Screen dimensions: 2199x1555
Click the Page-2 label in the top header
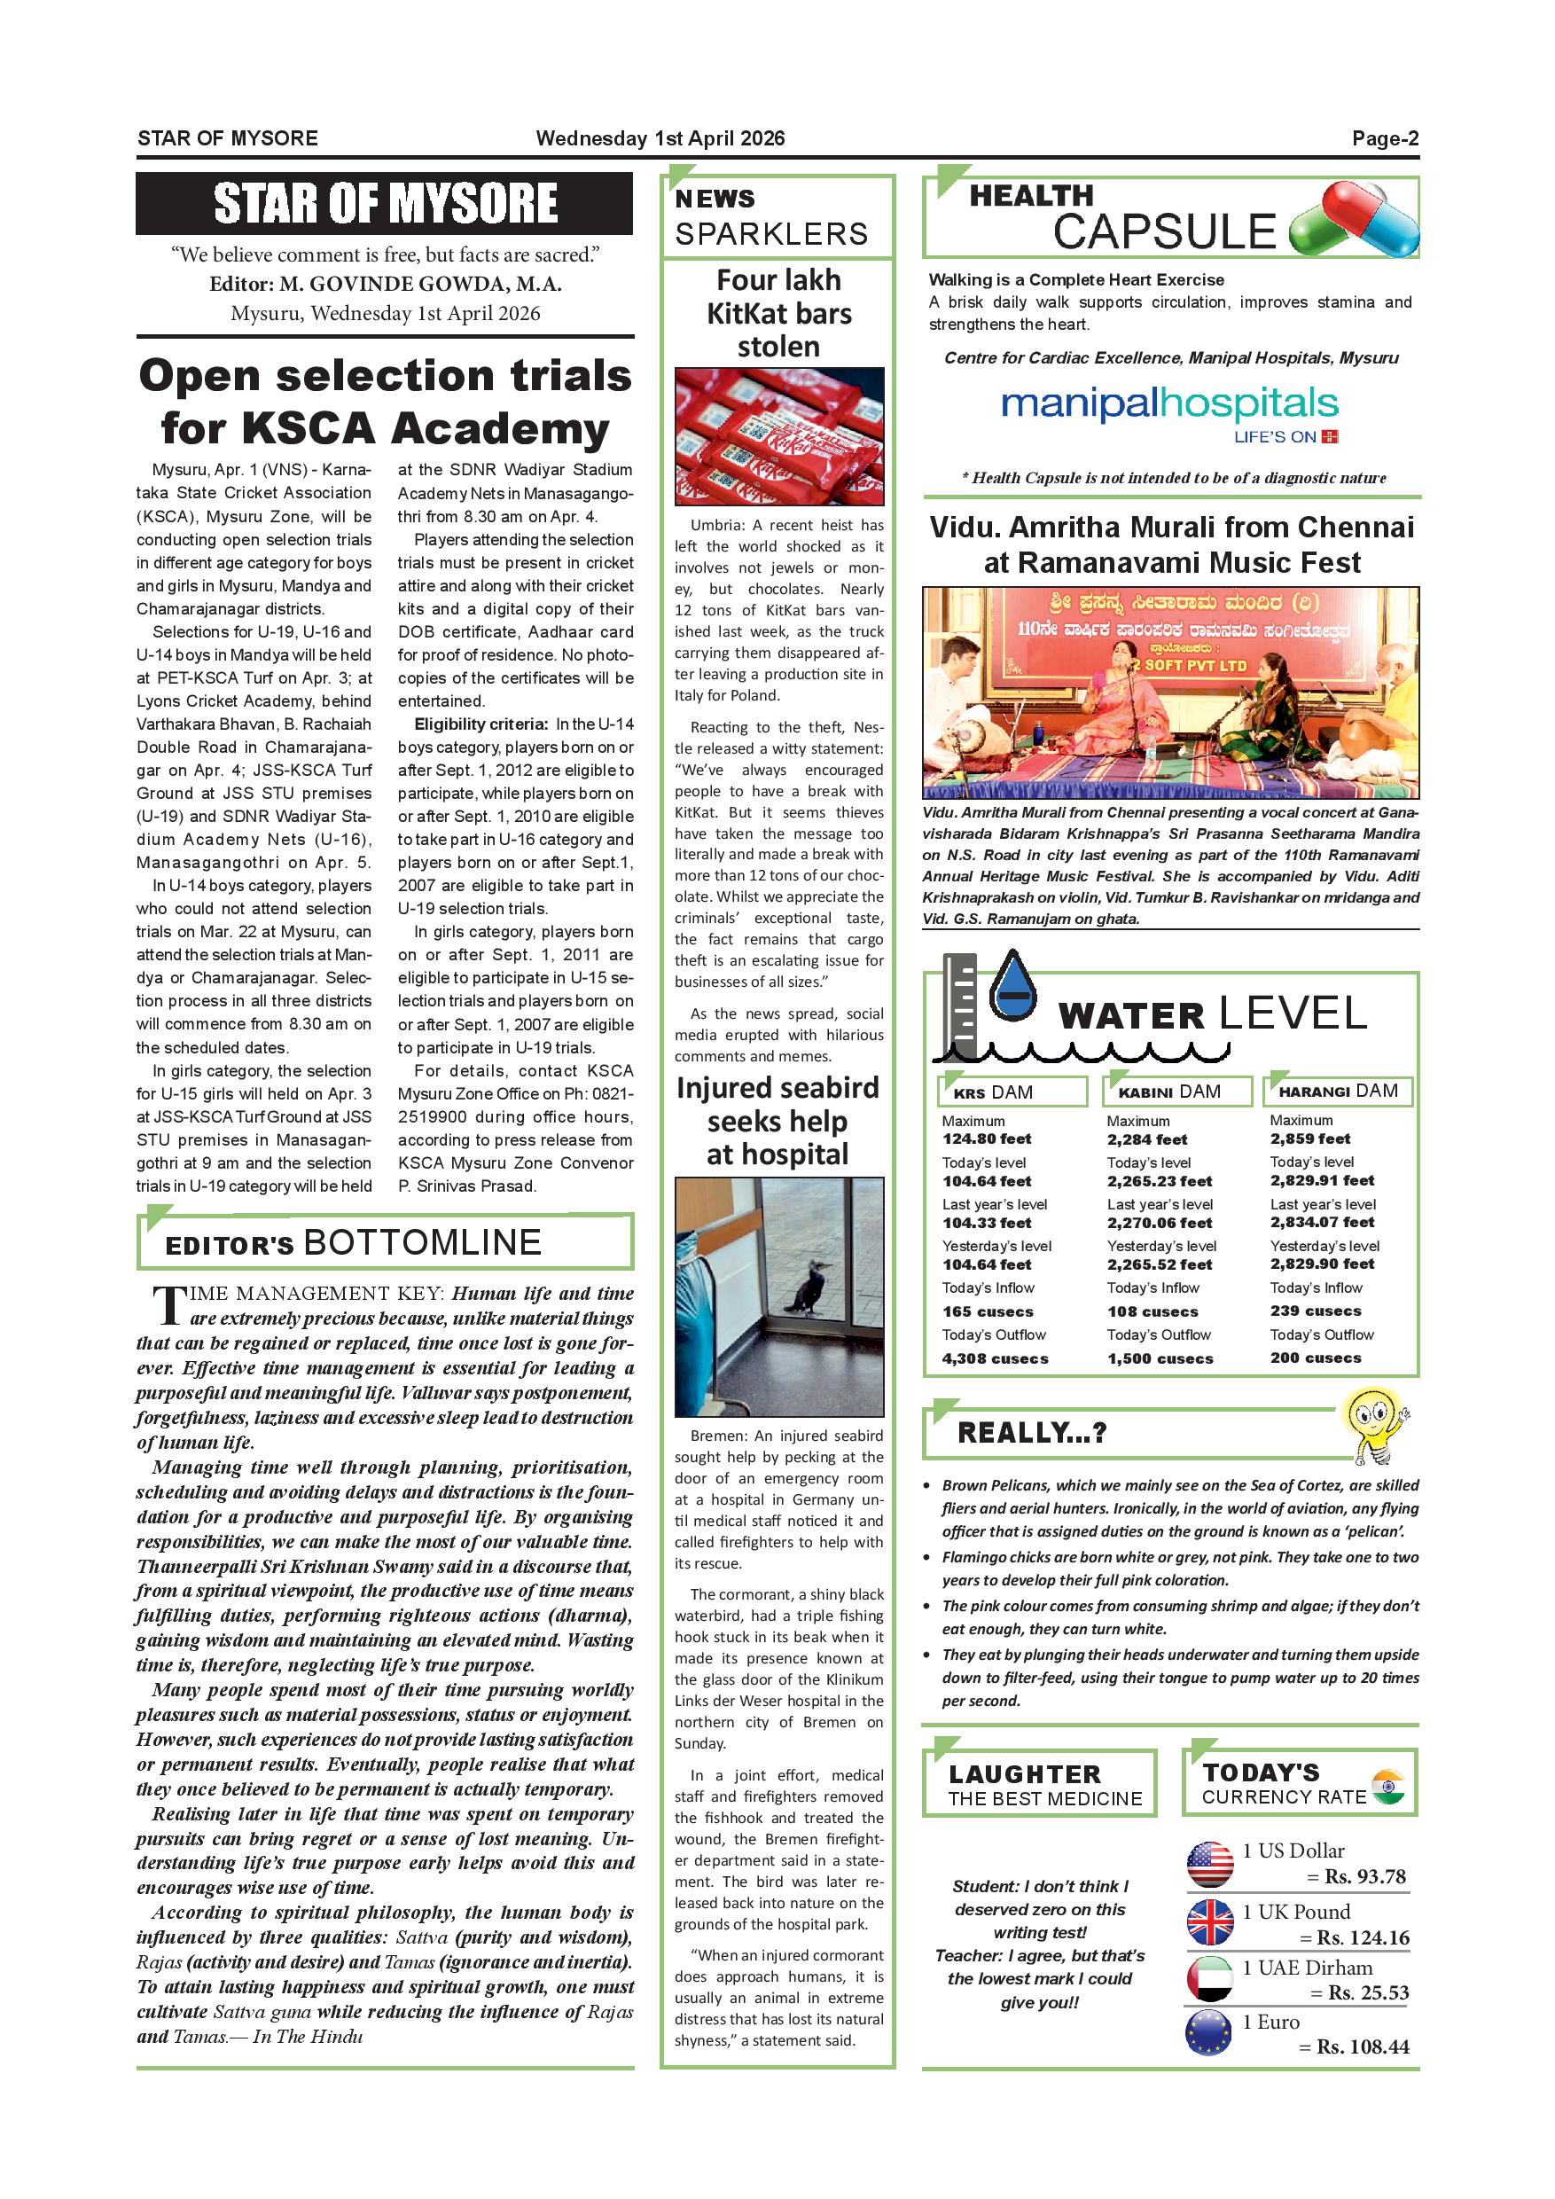tap(1385, 138)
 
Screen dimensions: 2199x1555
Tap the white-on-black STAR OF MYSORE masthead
tap(385, 203)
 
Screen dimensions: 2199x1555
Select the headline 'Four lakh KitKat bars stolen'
tap(778, 313)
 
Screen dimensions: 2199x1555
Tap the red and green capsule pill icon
tap(1354, 222)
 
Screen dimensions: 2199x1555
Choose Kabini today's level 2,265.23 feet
tap(1159, 1181)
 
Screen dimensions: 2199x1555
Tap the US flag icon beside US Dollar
tap(1210, 1864)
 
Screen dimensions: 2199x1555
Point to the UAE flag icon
tap(1210, 1979)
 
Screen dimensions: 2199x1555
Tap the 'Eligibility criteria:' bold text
tap(481, 724)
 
